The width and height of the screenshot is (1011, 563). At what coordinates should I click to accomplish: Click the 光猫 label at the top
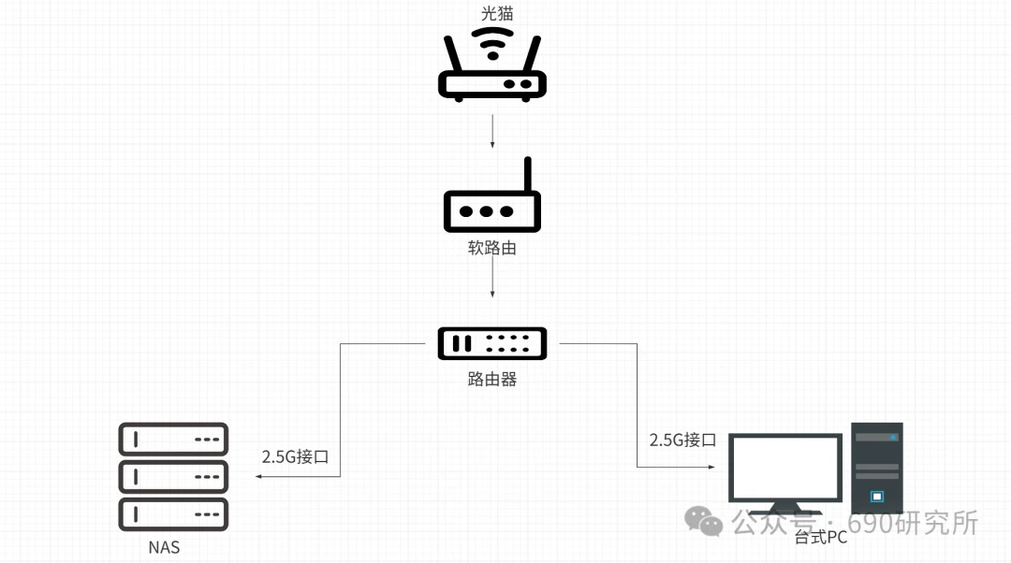click(492, 14)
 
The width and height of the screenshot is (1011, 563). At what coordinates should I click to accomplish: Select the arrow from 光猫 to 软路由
click(492, 132)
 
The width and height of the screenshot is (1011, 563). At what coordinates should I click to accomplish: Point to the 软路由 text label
click(492, 250)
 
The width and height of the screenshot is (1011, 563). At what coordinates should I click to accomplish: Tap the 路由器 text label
click(492, 380)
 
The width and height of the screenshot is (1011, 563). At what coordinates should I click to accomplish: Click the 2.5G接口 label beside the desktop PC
click(682, 440)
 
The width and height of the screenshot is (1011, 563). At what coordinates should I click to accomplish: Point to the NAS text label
click(164, 547)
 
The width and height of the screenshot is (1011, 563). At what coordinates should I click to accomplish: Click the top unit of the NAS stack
click(174, 439)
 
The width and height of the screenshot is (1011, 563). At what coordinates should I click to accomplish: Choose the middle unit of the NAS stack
click(174, 477)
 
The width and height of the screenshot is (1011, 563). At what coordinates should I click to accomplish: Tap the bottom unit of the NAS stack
click(174, 514)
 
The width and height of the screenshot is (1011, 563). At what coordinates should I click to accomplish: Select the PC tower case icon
click(877, 468)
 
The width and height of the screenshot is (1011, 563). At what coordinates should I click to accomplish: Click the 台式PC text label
click(821, 538)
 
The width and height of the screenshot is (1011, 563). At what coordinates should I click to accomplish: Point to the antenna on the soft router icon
click(527, 175)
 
